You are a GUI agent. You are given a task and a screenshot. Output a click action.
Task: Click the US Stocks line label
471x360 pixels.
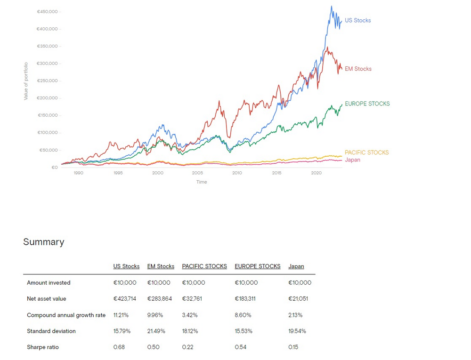point(357,20)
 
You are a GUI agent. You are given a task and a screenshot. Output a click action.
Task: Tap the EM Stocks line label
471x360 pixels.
point(358,69)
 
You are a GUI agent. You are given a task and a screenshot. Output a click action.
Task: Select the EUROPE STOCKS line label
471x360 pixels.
point(367,104)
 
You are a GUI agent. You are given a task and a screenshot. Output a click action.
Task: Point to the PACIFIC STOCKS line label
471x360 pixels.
point(366,152)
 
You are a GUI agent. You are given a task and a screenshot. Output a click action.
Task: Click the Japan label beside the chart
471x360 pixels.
point(352,160)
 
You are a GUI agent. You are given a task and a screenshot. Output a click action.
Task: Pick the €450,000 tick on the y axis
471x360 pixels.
point(47,11)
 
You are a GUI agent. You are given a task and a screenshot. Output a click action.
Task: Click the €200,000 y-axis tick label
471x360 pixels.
point(47,98)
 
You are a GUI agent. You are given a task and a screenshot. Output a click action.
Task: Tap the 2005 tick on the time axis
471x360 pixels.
point(197,173)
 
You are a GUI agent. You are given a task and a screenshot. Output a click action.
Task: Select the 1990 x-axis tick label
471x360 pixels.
point(78,173)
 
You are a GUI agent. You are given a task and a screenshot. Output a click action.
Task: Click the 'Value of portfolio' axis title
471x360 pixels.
point(26,80)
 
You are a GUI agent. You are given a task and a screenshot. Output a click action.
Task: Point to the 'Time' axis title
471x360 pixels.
point(202,182)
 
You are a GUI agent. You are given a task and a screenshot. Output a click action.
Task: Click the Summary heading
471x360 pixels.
point(43,242)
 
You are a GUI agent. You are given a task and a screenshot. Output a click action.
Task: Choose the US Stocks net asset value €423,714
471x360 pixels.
point(125,299)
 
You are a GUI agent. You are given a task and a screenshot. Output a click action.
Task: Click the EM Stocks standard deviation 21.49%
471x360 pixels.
point(156,331)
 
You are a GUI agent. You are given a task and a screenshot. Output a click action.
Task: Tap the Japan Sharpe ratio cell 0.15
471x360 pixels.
point(293,347)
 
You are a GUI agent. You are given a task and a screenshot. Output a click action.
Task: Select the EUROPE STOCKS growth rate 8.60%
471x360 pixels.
point(243,315)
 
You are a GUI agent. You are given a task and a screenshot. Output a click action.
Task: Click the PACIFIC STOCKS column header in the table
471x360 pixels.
point(204,266)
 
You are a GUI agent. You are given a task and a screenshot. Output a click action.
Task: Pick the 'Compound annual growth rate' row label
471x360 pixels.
point(66,315)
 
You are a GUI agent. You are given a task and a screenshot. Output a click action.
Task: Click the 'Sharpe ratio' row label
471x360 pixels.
point(43,347)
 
